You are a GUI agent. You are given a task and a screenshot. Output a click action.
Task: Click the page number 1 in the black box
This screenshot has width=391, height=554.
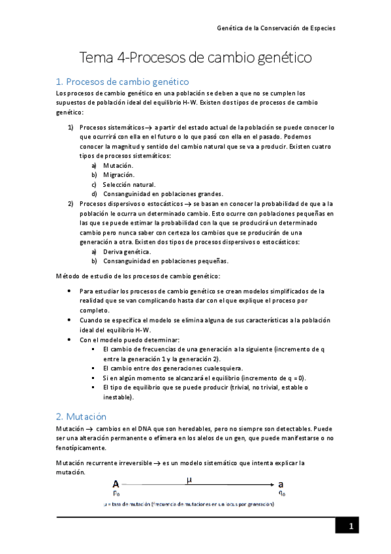coord(351,527)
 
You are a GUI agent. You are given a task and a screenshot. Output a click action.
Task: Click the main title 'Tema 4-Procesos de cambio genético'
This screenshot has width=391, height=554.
coord(195,57)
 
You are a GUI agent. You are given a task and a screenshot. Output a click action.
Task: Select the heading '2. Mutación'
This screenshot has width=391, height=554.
coord(81,416)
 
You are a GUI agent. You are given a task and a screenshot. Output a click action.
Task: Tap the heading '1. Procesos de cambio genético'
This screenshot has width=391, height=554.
coord(122,82)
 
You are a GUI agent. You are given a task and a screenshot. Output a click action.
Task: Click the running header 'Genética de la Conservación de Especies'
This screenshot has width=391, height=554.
coord(276,29)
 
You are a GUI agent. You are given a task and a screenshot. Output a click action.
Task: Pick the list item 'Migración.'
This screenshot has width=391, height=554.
coord(119,175)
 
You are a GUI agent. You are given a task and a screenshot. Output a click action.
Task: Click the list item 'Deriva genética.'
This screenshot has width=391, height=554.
coord(127,252)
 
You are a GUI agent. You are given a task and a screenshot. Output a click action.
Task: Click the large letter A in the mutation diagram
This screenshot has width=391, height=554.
coord(116,484)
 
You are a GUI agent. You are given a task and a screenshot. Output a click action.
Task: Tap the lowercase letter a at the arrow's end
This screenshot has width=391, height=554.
coord(281,484)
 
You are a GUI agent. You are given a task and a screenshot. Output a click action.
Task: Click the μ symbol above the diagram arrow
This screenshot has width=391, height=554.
coord(189,480)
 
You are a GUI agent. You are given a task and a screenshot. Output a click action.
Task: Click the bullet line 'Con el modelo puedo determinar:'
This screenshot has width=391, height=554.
coord(129,340)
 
